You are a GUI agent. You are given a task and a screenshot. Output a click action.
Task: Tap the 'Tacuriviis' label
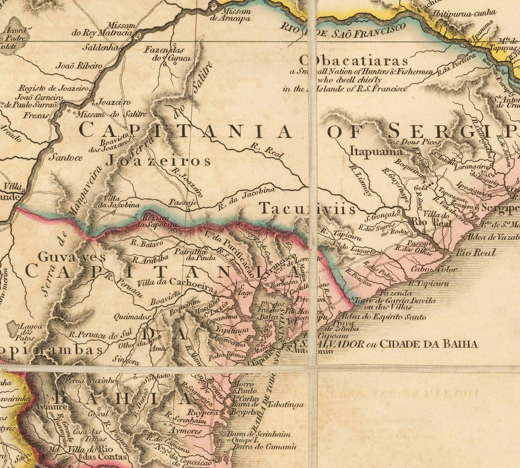tap(307, 209)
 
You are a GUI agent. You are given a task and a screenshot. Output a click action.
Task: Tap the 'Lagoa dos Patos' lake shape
tap(12, 329)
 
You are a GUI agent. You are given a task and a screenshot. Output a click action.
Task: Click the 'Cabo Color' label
tap(430, 269)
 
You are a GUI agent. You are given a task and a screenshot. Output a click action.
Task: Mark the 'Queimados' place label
tap(133, 317)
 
